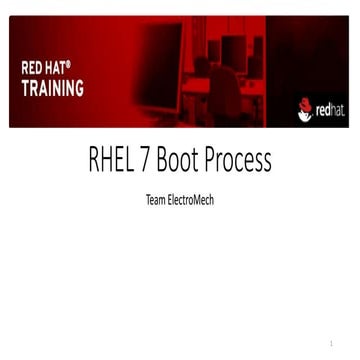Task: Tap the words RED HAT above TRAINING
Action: pyautogui.click(x=45, y=69)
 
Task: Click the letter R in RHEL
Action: pyautogui.click(x=96, y=162)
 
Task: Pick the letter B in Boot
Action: pyautogui.click(x=176, y=162)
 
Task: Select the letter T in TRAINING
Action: pyautogui.click(x=26, y=87)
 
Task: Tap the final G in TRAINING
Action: pyautogui.click(x=79, y=87)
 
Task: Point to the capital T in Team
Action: pyautogui.click(x=148, y=199)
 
